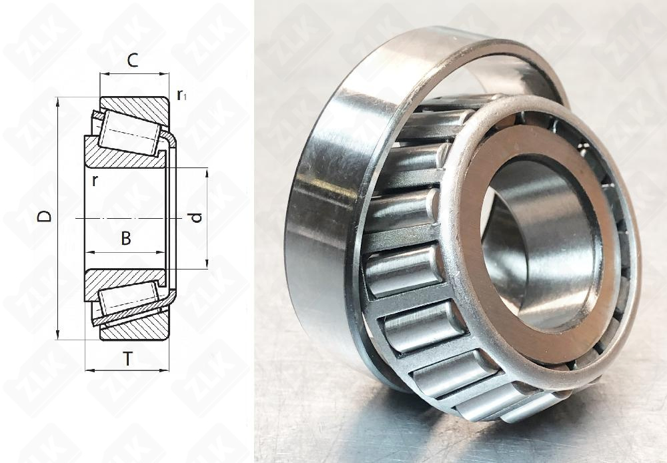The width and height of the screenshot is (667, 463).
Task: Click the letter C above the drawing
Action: pyautogui.click(x=132, y=61)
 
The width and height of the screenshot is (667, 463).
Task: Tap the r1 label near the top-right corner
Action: pyautogui.click(x=181, y=96)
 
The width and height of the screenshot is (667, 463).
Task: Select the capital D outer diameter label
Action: pyautogui.click(x=44, y=216)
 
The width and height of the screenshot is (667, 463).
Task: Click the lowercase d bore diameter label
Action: pyautogui.click(x=194, y=217)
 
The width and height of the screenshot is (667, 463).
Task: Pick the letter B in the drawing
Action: pyautogui.click(x=125, y=238)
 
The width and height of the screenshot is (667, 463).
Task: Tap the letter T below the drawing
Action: pyautogui.click(x=127, y=360)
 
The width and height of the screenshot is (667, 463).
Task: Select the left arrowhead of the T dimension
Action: pyautogui.click(x=89, y=370)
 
